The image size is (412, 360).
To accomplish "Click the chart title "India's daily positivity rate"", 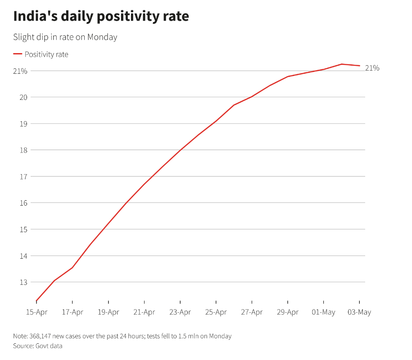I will point(101,16).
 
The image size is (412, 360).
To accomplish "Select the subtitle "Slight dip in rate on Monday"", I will point(65,37).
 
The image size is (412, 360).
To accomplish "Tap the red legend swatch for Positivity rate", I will point(18,54).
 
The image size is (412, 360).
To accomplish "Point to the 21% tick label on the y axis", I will point(21,71).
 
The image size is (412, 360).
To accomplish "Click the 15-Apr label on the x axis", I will point(36,312).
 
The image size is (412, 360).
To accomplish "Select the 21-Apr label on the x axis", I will point(144,312).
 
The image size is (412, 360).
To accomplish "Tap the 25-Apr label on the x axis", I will point(216,312).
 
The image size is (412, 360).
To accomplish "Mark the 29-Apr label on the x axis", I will point(287,312).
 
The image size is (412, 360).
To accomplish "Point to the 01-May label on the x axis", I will point(323,312).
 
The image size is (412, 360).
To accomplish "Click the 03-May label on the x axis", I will point(359,312).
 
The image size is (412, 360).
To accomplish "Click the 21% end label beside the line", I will point(372,68).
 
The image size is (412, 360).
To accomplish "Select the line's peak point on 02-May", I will point(342,64).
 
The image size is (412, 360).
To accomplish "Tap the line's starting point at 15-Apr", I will point(36,301).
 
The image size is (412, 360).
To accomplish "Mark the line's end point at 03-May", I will point(359,66).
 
